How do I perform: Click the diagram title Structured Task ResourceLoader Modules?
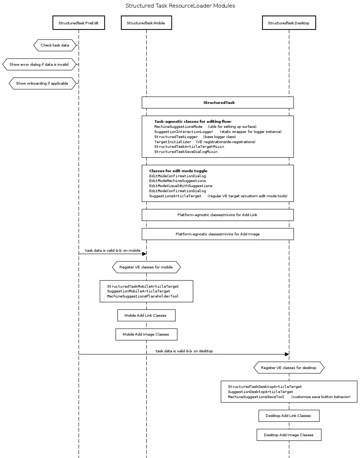tap(180, 6)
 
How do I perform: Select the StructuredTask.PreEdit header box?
tap(78, 23)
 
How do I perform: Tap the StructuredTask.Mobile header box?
tap(146, 23)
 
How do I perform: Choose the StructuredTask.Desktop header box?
tap(289, 23)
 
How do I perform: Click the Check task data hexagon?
tap(55, 45)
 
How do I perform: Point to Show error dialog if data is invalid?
tap(39, 64)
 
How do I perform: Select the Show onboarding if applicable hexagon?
tap(42, 83)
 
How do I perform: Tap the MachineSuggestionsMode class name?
tap(178, 127)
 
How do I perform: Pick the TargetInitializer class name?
tap(173, 142)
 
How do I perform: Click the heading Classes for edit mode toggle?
tap(178, 171)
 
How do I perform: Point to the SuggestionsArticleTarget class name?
tap(175, 196)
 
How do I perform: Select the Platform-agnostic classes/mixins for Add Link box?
tap(217, 215)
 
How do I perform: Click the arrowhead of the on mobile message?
tap(144, 254)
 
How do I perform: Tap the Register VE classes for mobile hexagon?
tap(146, 267)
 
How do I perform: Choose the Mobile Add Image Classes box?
tap(146, 335)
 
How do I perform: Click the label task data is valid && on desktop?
tap(184, 351)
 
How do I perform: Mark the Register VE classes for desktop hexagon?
tap(289, 368)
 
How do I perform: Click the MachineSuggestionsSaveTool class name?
tap(256, 397)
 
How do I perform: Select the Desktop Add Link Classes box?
tap(289, 416)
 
